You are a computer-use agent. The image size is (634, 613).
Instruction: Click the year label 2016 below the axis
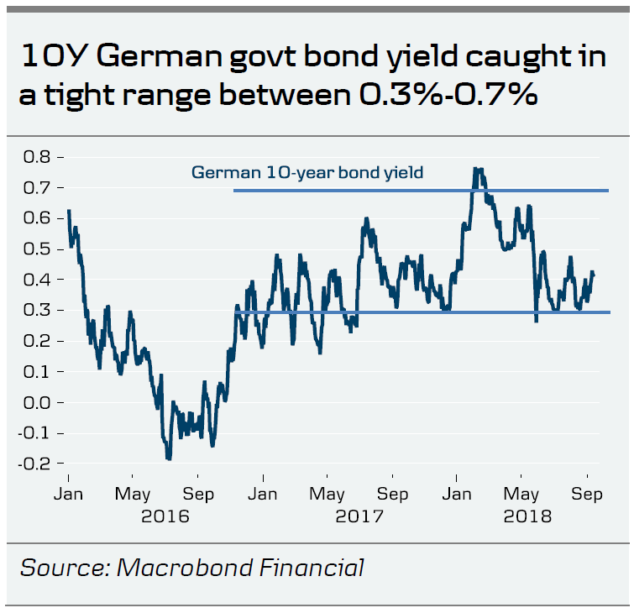tap(165, 516)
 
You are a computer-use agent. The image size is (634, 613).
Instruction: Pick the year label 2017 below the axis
tap(359, 516)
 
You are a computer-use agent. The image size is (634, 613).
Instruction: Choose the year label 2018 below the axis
tap(527, 516)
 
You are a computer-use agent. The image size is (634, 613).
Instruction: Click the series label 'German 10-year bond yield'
tap(307, 173)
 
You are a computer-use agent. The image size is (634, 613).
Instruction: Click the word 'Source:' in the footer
tap(63, 568)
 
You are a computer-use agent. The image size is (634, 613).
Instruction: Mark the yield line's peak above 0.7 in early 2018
tap(477, 170)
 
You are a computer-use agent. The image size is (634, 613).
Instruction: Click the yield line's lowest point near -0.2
tap(169, 458)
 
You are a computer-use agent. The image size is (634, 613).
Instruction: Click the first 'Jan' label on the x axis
tap(68, 494)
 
